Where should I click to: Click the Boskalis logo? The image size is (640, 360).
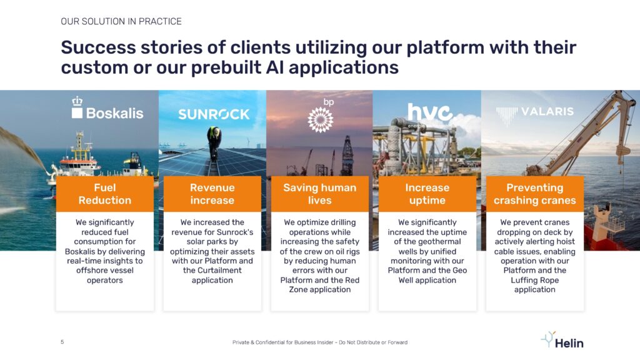[107, 108]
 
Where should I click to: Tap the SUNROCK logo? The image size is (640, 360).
[214, 114]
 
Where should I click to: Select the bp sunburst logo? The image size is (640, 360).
[321, 116]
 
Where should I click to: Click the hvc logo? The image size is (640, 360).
[429, 114]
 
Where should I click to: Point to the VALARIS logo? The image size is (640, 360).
[535, 114]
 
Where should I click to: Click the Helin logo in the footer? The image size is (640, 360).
[562, 341]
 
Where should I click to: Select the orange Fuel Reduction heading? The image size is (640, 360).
[105, 194]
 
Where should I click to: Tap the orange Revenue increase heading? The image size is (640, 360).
[212, 194]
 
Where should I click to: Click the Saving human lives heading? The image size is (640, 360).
[320, 194]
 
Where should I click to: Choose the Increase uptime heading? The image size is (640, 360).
[427, 194]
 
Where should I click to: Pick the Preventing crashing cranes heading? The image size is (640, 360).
[535, 194]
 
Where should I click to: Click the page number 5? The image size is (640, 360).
[62, 342]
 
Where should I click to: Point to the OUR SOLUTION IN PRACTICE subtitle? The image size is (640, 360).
[121, 21]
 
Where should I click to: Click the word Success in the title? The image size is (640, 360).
[98, 47]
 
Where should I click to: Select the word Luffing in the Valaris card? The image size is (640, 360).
[524, 281]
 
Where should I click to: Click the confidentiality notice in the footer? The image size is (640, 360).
[320, 342]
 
